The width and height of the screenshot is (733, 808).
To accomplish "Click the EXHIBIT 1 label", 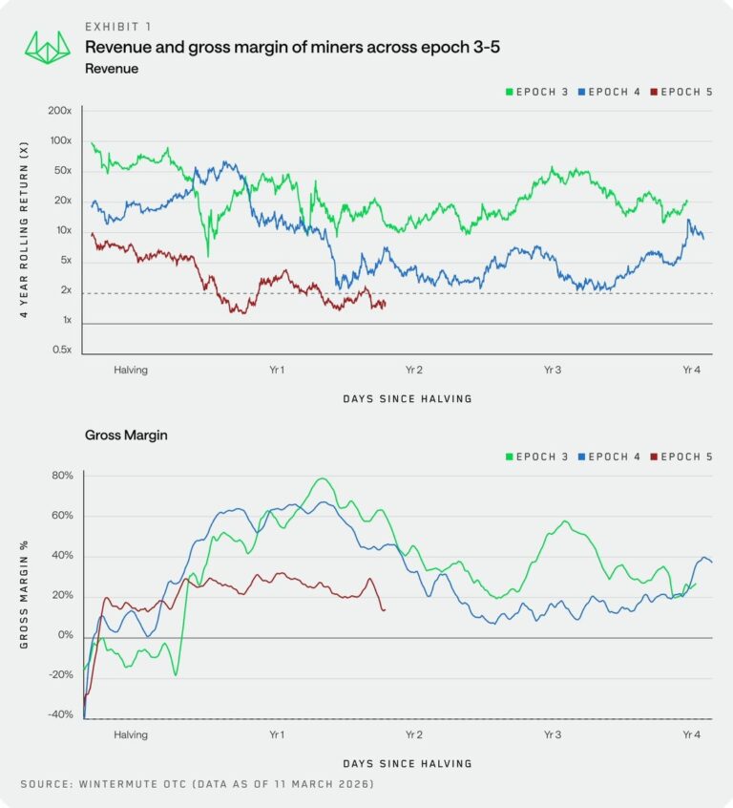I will pos(116,26).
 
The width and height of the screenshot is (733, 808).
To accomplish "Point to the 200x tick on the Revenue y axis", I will pos(59,111).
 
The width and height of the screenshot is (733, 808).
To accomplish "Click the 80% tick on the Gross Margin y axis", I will pos(62,476).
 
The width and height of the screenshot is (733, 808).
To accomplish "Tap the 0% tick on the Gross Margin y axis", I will pos(65,635).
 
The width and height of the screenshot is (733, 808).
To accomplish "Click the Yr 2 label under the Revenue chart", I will pos(414,370).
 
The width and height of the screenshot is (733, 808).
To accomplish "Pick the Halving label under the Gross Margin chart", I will pos(130,735).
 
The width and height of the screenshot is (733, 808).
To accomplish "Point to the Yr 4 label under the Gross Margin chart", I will pos(691,735).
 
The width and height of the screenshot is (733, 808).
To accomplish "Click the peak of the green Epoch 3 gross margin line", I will pos(322,478).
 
